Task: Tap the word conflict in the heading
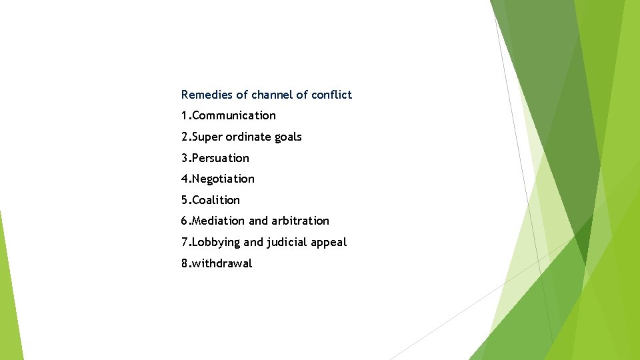(x=331, y=95)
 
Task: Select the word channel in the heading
(x=272, y=95)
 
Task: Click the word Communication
(x=233, y=116)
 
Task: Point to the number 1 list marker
(x=184, y=116)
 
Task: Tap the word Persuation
(x=220, y=158)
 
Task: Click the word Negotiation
(x=223, y=179)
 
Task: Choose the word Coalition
(x=215, y=200)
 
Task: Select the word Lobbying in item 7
(x=216, y=243)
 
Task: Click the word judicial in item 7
(x=285, y=243)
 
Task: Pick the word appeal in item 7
(x=329, y=243)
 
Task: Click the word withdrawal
(x=222, y=263)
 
